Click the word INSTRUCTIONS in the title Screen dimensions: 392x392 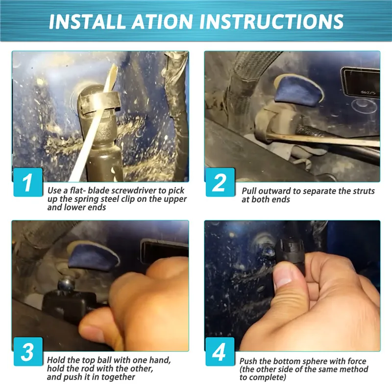(271, 21)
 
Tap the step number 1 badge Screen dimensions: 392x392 (28, 182)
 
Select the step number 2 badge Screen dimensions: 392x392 (220, 182)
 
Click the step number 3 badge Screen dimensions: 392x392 (28, 351)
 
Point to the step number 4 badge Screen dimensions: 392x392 (220, 351)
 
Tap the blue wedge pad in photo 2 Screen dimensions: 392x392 (298, 91)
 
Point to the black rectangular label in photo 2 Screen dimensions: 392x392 (361, 82)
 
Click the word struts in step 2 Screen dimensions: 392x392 (364, 191)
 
